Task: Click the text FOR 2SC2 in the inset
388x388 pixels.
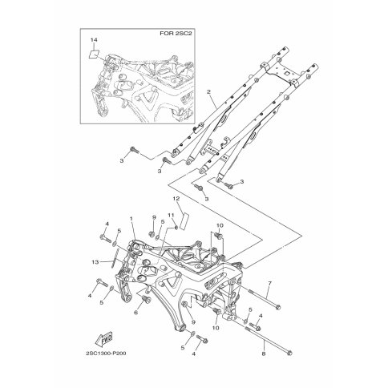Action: [176, 34]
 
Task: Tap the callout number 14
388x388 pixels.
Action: [94, 40]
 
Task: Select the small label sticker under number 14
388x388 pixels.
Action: [94, 55]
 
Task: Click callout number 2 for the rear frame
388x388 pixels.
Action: [208, 91]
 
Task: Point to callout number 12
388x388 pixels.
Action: [176, 199]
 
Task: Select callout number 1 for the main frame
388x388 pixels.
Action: [131, 219]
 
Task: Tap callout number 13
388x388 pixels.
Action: [95, 262]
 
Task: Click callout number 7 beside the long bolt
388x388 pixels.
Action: [269, 283]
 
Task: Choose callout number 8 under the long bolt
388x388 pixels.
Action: [264, 354]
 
